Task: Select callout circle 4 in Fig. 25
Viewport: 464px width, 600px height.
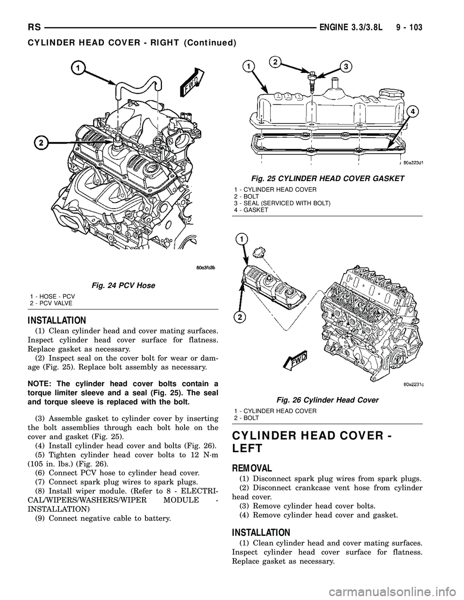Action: tap(412, 112)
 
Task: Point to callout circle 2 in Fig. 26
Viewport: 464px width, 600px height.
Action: tap(239, 317)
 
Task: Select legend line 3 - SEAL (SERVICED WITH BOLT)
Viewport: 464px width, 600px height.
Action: tap(282, 203)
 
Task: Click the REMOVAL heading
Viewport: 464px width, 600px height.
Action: tap(252, 468)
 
